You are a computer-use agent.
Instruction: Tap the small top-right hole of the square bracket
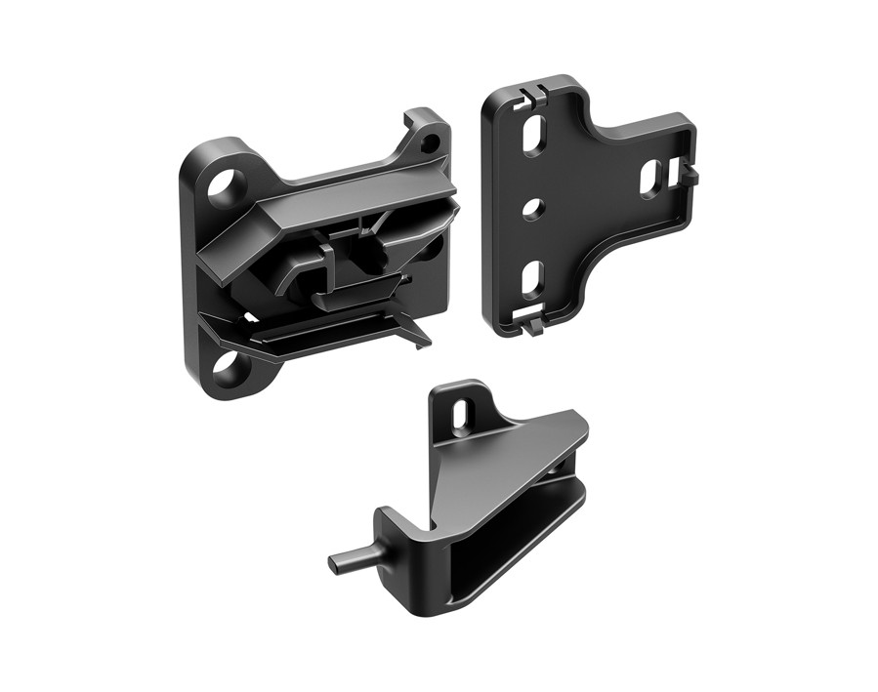(428, 143)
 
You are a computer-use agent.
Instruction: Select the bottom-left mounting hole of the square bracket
(227, 368)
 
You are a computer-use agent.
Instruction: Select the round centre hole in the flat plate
(531, 208)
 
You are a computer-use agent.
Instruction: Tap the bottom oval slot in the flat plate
(532, 280)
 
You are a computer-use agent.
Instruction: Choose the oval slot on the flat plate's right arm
(651, 178)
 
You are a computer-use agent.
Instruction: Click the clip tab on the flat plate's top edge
(531, 95)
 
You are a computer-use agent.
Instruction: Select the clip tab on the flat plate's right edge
(691, 173)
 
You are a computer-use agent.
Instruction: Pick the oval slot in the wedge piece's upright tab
(460, 413)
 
